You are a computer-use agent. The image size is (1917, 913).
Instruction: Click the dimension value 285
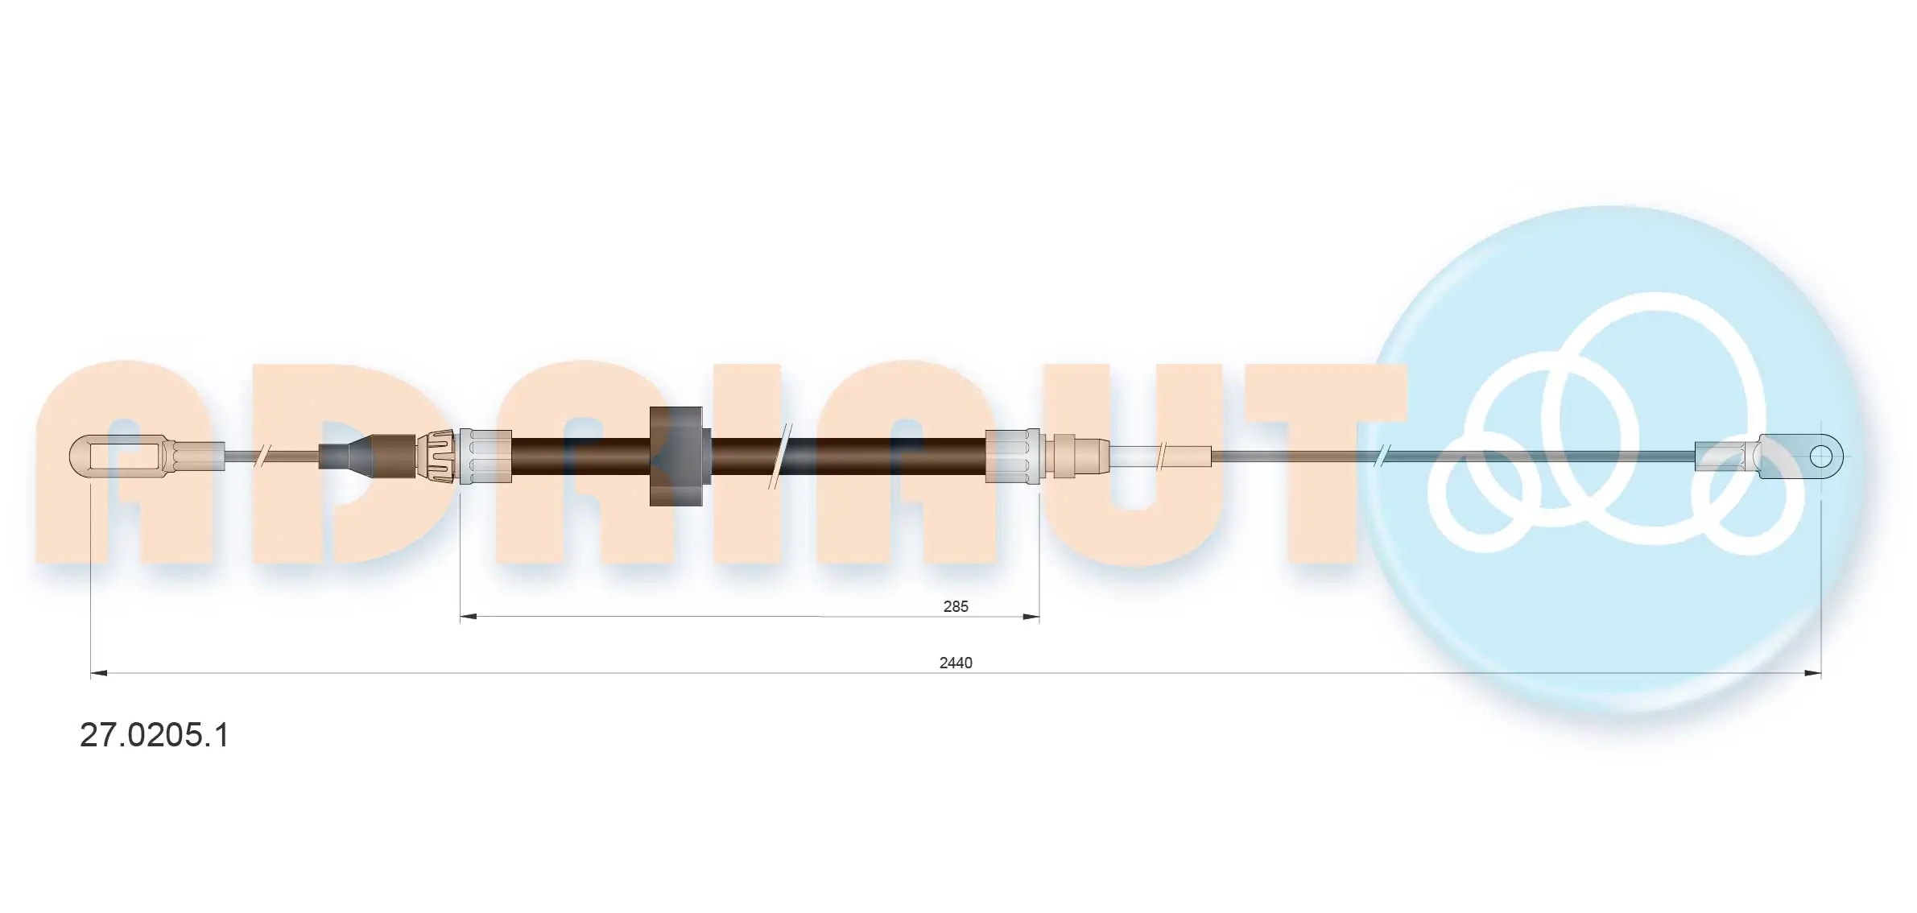point(956,606)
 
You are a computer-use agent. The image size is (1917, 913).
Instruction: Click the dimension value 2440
point(956,663)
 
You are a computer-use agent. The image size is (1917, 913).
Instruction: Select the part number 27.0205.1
point(155,735)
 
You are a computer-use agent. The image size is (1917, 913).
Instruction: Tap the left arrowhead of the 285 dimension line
point(469,617)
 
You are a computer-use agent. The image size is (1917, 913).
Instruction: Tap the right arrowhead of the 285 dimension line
point(1031,617)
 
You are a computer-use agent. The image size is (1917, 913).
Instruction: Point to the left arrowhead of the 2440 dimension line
point(99,673)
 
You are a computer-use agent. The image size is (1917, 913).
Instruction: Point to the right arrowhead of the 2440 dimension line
point(1812,673)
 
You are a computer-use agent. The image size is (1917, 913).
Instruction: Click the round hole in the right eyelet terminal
point(1821,457)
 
